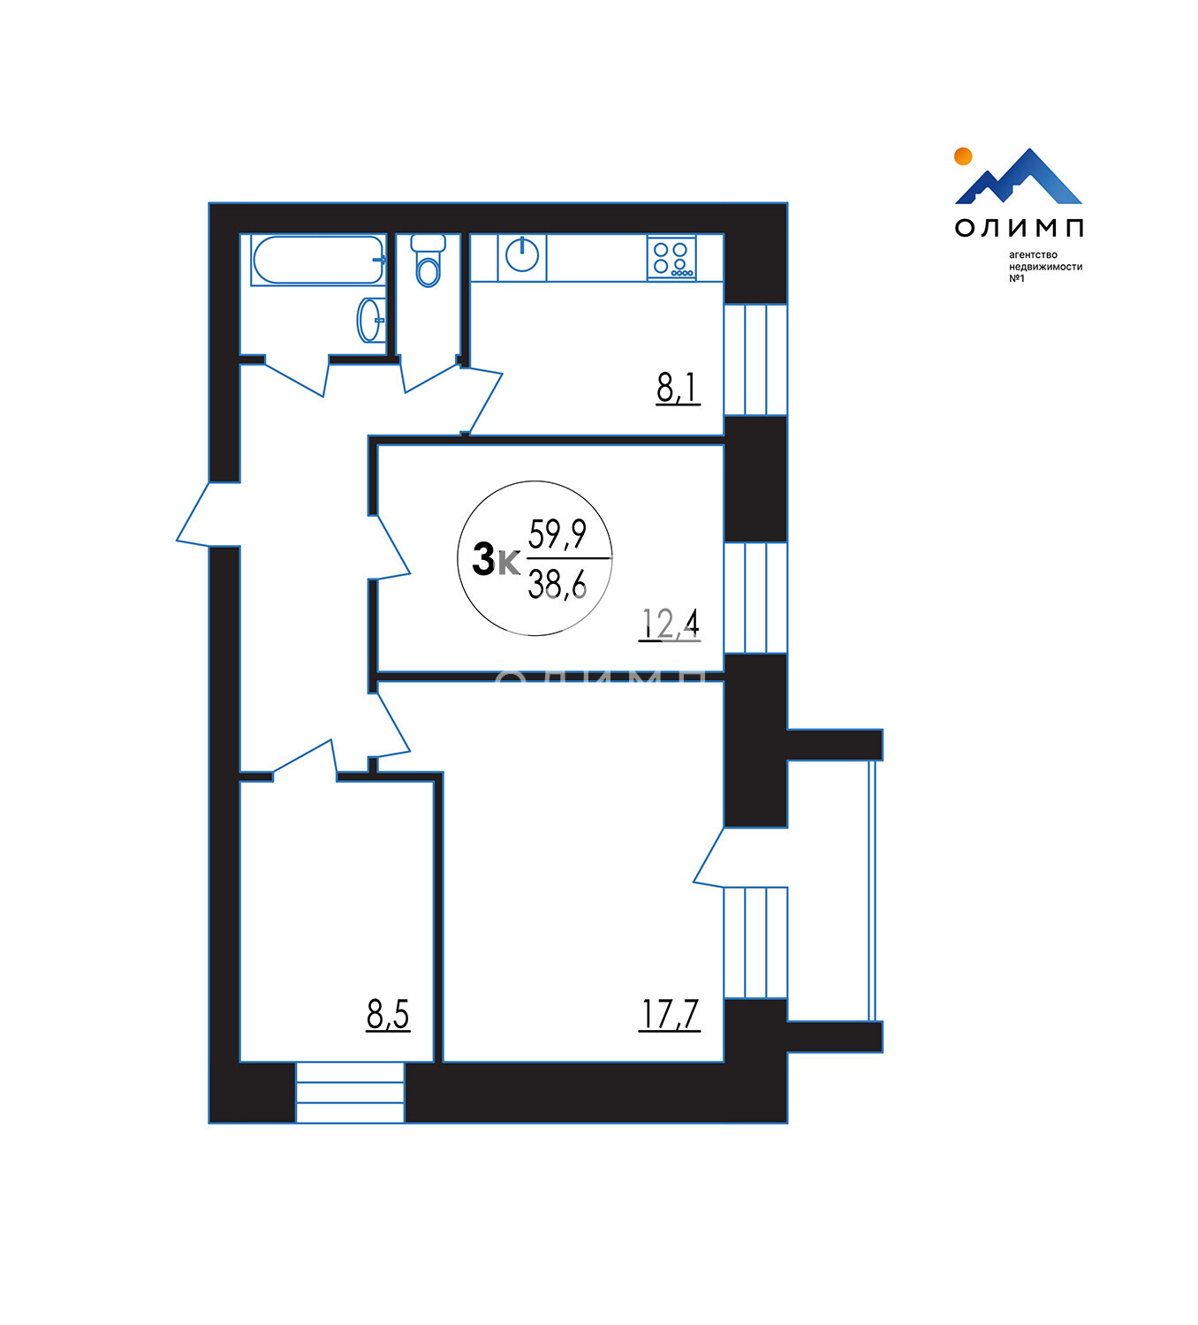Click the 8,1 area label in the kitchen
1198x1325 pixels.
[x=678, y=388]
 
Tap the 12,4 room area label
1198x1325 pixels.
[x=670, y=625]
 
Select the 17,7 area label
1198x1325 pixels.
[x=670, y=1015]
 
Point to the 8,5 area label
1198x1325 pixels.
[x=388, y=1015]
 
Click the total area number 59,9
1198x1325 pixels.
[x=557, y=534]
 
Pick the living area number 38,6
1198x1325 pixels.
[x=557, y=584]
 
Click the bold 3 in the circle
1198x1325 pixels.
[x=483, y=559]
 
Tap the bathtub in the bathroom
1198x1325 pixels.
[x=318, y=260]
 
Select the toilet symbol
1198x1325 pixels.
[x=428, y=261]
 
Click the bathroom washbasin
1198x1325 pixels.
[x=371, y=321]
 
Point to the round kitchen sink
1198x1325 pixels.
[x=522, y=254]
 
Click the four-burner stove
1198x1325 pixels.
[x=671, y=258]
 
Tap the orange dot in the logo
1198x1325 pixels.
[x=963, y=156]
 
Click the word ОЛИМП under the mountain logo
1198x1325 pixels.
[x=1019, y=228]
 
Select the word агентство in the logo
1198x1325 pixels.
[x=1033, y=255]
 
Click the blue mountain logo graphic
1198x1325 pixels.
[x=1019, y=177]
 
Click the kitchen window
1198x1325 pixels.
[x=756, y=360]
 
